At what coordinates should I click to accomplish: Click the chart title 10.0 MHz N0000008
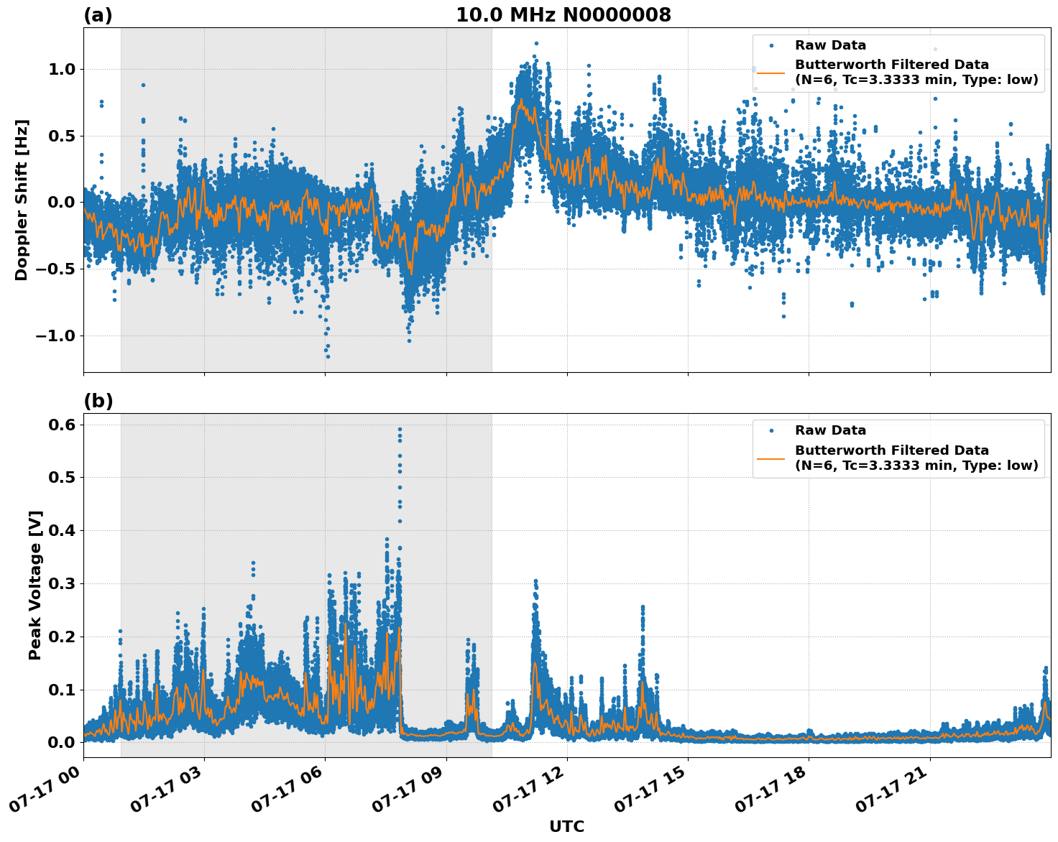pos(563,15)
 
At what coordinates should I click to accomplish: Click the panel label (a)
pos(98,15)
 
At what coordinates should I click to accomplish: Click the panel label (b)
pos(98,401)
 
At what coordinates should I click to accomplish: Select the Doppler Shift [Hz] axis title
pos(22,200)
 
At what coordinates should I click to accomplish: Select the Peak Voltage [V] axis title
pos(35,585)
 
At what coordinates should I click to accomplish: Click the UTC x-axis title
pos(566,826)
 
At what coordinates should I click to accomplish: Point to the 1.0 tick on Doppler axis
pos(60,70)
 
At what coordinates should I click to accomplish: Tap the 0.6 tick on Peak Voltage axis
pos(63,425)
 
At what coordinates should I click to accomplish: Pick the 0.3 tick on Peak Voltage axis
pos(63,584)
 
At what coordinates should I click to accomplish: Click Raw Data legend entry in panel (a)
pos(830,45)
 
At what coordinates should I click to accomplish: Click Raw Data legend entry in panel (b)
pos(830,430)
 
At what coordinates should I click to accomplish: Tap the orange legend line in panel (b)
pos(771,458)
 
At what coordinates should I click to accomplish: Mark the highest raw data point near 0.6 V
pos(400,429)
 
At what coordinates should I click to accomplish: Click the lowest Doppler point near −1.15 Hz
pos(328,356)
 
